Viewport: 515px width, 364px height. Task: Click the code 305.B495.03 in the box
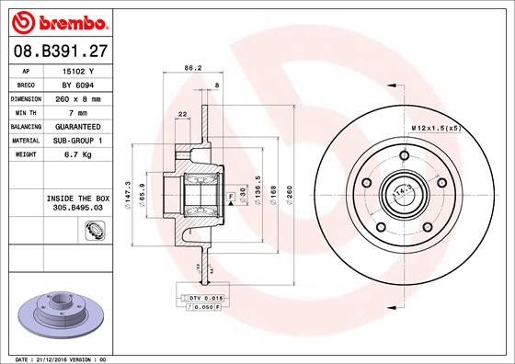[x=72, y=208]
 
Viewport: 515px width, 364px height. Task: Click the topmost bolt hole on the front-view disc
[x=404, y=154]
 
